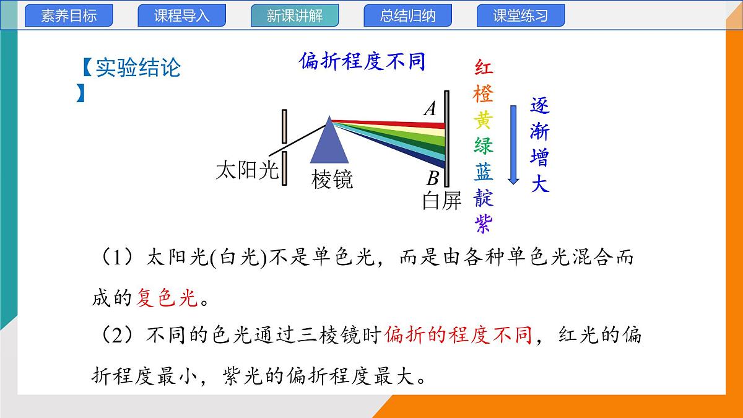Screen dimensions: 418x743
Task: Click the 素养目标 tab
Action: coord(69,16)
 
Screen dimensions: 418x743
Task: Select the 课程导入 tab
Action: coord(181,16)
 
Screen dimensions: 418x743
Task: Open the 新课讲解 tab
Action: coord(295,16)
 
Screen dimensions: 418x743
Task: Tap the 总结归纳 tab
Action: coord(407,16)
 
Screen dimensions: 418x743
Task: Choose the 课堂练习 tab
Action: coord(520,16)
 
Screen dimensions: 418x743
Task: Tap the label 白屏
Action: coord(442,200)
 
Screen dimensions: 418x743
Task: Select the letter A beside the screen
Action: coord(430,110)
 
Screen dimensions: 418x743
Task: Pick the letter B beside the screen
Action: coord(432,179)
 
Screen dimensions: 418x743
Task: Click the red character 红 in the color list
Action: coord(484,67)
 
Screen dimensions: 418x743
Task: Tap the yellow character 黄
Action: coord(484,120)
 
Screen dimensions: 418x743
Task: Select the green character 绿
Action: coord(484,146)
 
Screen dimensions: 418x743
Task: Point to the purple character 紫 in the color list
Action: coord(484,224)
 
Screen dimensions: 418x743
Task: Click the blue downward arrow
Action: coord(513,144)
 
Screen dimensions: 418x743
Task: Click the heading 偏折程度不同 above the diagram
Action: coord(362,62)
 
